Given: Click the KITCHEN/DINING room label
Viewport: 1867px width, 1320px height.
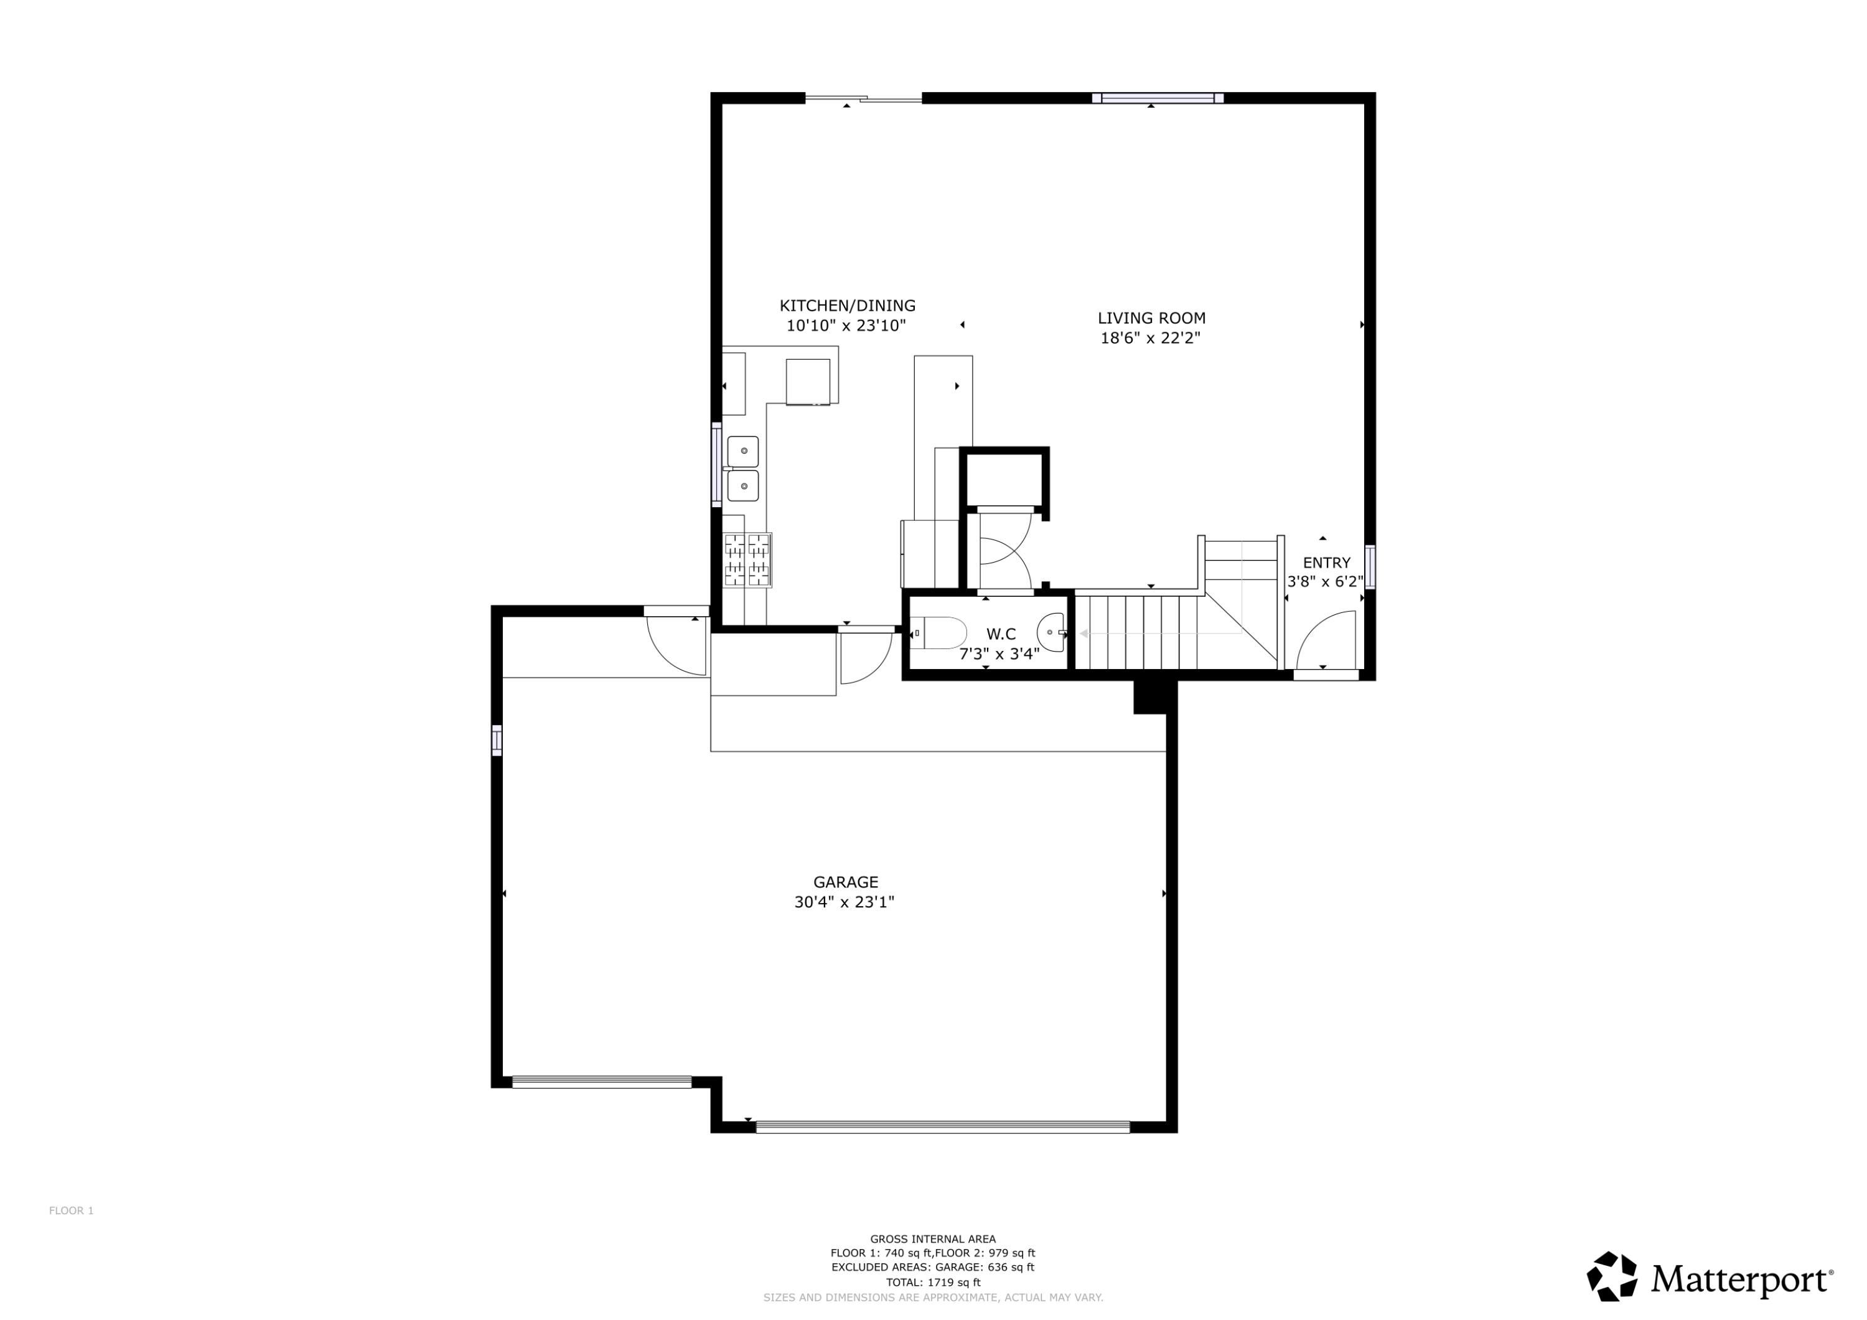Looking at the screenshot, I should pos(847,306).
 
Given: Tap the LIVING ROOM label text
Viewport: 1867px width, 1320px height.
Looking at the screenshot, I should pos(1151,318).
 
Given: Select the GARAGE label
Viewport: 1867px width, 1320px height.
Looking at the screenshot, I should pos(846,882).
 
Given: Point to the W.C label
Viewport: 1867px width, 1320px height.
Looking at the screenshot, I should pos(1000,634).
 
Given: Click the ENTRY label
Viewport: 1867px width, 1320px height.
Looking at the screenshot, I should pos(1326,563).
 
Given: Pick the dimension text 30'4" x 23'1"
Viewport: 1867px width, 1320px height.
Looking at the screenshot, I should pos(844,902).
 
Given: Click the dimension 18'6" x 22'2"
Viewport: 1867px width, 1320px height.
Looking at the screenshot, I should pos(1150,339).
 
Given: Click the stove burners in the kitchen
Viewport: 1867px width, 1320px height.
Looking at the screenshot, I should pos(746,559).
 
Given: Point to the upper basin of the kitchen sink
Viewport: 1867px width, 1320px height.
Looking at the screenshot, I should pos(742,451).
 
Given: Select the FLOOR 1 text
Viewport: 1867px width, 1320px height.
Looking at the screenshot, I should pos(71,1211).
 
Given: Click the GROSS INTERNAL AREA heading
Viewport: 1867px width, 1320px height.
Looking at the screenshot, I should pos(933,1240).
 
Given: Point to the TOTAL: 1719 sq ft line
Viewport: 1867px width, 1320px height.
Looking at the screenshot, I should pos(933,1283).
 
